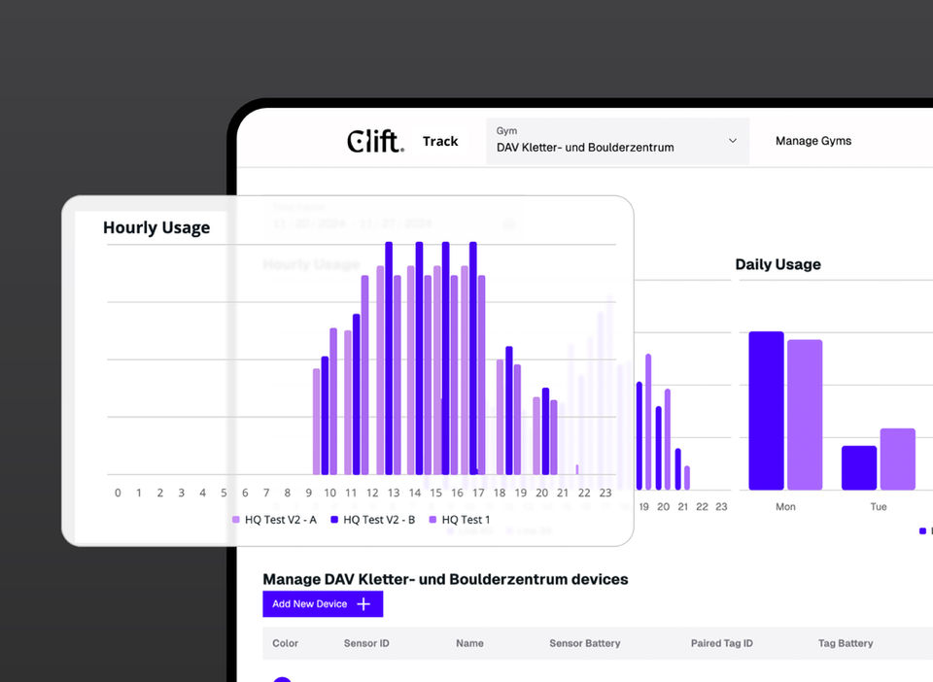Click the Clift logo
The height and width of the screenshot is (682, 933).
coord(374,142)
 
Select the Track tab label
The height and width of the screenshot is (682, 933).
coord(440,142)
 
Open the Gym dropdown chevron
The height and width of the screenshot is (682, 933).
coord(733,141)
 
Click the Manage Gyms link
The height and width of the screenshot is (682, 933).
coord(812,141)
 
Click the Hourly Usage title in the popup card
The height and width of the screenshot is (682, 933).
coord(156,228)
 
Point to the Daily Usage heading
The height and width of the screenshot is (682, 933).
coord(777,264)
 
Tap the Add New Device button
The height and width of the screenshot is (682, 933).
coord(323,604)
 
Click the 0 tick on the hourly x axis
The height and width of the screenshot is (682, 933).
coord(118,493)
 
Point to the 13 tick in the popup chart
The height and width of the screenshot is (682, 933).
coord(394,493)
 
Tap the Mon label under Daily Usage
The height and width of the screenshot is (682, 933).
coord(785,507)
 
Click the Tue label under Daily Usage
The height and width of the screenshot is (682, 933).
coord(879,507)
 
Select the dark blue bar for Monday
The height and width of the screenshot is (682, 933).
coord(766,411)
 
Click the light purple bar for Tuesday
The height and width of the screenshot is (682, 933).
coord(898,459)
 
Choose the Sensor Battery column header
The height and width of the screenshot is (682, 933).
coord(584,643)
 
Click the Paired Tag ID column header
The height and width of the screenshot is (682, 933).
coord(721,643)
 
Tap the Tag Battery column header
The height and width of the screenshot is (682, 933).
coord(846,643)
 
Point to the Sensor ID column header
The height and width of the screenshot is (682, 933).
coord(365,643)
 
